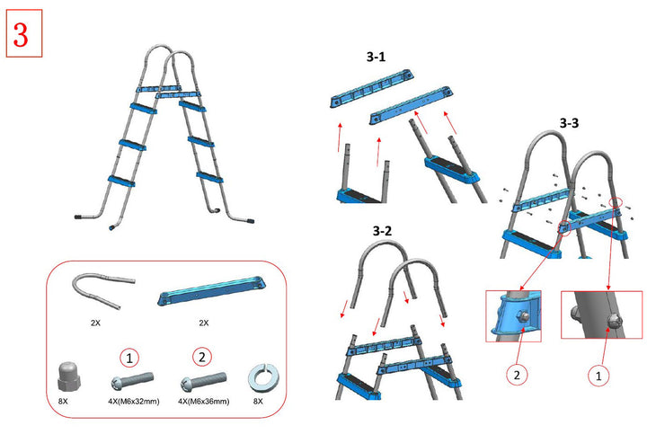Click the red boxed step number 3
[x=24, y=37]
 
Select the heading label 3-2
[x=382, y=231]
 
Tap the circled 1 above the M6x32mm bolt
[x=130, y=356]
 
